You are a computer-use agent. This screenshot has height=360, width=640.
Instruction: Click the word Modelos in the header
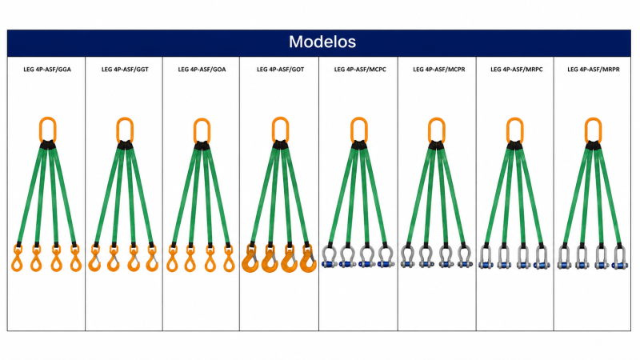click(x=322, y=42)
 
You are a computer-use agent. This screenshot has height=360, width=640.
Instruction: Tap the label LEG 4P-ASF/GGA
click(x=47, y=70)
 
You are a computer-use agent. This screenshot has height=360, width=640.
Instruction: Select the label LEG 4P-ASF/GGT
click(x=125, y=70)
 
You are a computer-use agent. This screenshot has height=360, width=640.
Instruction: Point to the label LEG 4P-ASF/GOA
click(x=202, y=70)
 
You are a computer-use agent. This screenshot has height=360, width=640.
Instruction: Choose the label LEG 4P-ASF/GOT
click(x=281, y=70)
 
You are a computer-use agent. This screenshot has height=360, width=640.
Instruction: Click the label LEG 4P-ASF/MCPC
click(x=360, y=70)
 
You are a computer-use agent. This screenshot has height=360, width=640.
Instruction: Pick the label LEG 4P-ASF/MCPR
click(x=438, y=70)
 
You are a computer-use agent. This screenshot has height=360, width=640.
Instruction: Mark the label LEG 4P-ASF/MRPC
click(x=516, y=70)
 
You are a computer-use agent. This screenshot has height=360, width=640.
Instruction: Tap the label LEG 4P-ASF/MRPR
click(x=594, y=70)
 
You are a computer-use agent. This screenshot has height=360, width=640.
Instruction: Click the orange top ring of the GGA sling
click(x=41, y=130)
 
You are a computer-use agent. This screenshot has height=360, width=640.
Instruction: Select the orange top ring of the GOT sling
click(x=274, y=130)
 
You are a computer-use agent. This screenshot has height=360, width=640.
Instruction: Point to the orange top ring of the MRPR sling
click(x=586, y=130)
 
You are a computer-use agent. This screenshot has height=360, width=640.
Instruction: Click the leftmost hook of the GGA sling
click(x=17, y=262)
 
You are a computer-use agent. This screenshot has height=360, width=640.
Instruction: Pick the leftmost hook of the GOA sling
click(x=172, y=262)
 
